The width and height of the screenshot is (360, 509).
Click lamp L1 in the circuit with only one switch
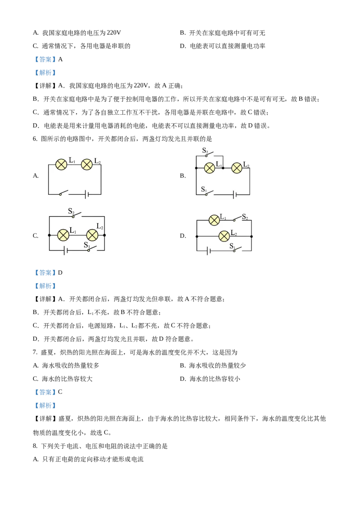tap(61, 165)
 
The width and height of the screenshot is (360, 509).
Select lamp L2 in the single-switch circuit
tap(86, 165)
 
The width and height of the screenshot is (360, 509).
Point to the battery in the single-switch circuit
tap(87, 194)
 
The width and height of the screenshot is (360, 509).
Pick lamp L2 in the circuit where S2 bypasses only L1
tap(237, 168)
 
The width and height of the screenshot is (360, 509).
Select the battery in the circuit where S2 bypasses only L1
tap(234, 195)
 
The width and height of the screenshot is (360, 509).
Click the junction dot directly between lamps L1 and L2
tap(223, 168)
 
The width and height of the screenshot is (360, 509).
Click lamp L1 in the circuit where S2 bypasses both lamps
tap(63, 234)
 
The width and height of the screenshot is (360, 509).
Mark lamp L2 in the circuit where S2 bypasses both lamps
tap(92, 235)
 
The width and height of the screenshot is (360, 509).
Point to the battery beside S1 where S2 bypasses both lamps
tap(67, 250)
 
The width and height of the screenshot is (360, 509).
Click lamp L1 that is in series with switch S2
tap(215, 220)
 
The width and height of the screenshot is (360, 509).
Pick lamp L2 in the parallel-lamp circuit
tap(224, 236)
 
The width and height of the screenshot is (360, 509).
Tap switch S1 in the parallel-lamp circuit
tap(238, 249)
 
